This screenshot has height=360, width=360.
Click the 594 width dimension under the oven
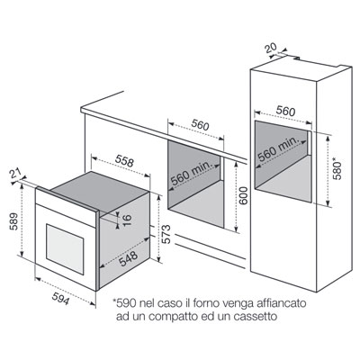click(60, 299)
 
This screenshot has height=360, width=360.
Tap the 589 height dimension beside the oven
click(13, 221)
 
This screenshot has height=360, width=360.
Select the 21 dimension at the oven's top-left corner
click(14, 173)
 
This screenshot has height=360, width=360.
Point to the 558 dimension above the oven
click(123, 162)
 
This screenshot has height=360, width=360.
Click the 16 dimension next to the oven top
click(127, 220)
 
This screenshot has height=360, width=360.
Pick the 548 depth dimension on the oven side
click(129, 259)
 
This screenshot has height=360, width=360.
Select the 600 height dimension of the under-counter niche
click(244, 195)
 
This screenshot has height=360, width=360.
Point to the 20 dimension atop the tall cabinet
click(271, 49)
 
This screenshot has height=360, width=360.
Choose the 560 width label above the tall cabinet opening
click(285, 112)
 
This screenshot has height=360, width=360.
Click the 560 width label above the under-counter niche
click(200, 125)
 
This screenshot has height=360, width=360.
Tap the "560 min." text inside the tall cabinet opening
click(278, 149)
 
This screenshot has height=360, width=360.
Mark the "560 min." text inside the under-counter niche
click(191, 175)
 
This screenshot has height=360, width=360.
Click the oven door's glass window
click(65, 248)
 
